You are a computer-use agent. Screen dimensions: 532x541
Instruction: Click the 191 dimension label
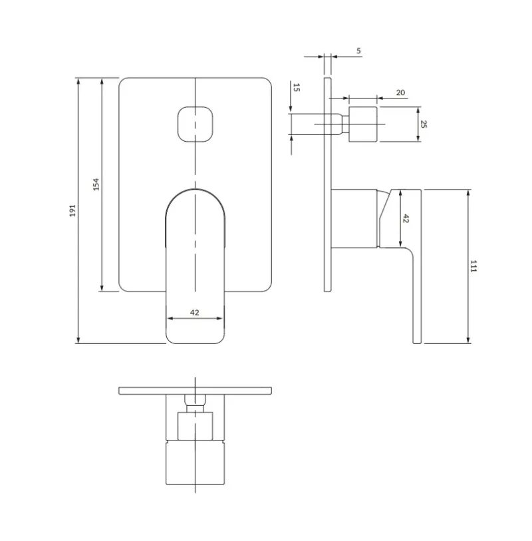(72, 210)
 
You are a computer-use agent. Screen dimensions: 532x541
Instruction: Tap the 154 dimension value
(96, 184)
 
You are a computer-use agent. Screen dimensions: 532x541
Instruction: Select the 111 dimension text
(473, 266)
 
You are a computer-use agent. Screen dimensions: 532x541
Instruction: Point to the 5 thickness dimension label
(358, 51)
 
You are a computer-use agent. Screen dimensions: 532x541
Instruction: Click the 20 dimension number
(400, 92)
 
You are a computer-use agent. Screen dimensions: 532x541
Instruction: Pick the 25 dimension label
(424, 124)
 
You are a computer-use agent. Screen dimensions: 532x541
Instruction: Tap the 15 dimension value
(296, 88)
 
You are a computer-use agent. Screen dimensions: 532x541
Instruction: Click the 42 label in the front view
(194, 312)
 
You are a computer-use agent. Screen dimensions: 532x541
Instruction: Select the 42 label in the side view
(406, 218)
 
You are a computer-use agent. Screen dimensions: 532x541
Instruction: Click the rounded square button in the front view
(195, 124)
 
